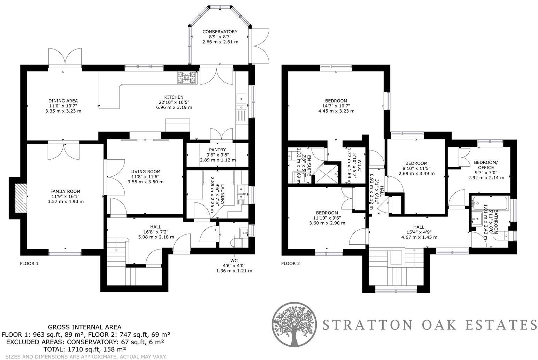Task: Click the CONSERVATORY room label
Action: (x=220, y=32)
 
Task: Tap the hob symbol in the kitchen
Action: (x=187, y=78)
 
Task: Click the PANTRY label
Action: (x=217, y=150)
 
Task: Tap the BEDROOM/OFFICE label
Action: (x=486, y=165)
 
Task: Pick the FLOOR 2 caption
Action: (x=290, y=263)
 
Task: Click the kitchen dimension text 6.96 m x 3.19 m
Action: (x=174, y=107)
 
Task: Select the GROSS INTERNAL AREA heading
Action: (x=84, y=327)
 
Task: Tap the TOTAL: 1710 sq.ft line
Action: (x=84, y=349)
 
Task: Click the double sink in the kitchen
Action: (x=241, y=99)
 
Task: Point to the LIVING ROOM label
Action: (x=145, y=171)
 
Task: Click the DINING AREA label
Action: (x=63, y=101)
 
